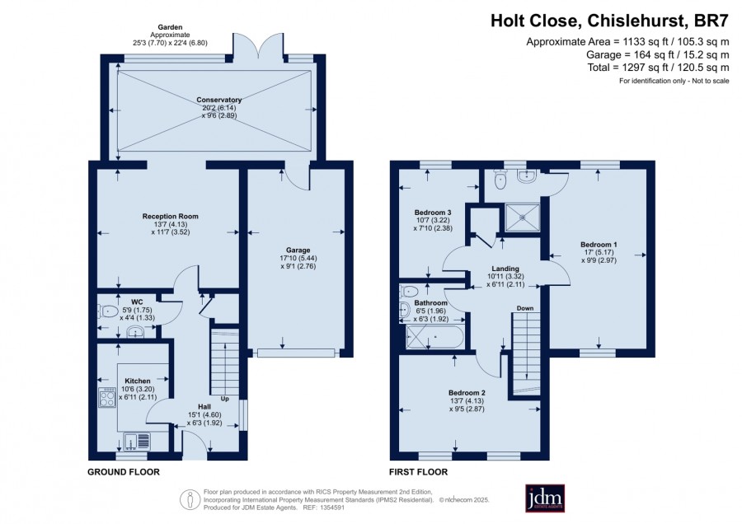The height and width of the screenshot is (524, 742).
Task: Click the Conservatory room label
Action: (218, 100)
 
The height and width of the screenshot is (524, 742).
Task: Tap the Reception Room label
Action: (171, 216)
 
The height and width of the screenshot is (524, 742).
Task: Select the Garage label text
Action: (298, 250)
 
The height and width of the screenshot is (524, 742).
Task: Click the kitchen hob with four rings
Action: (106, 397)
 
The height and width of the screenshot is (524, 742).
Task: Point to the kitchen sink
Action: (136, 442)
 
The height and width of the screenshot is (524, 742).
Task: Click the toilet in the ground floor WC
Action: (108, 311)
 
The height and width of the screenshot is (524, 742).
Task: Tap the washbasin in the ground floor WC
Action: (135, 333)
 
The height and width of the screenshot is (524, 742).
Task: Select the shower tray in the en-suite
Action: (523, 218)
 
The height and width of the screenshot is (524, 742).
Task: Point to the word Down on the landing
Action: (525, 308)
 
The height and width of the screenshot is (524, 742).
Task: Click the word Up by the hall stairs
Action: (225, 399)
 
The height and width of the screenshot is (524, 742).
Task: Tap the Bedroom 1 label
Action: (599, 245)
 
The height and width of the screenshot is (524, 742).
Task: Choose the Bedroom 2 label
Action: (467, 392)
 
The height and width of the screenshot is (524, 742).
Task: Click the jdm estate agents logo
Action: (545, 498)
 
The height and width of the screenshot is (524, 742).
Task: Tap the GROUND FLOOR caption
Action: (124, 472)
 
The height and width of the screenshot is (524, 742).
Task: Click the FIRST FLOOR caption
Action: (418, 472)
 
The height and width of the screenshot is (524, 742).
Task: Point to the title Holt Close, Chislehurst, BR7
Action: (609, 21)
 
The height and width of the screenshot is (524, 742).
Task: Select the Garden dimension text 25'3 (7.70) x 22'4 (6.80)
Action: (170, 43)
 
